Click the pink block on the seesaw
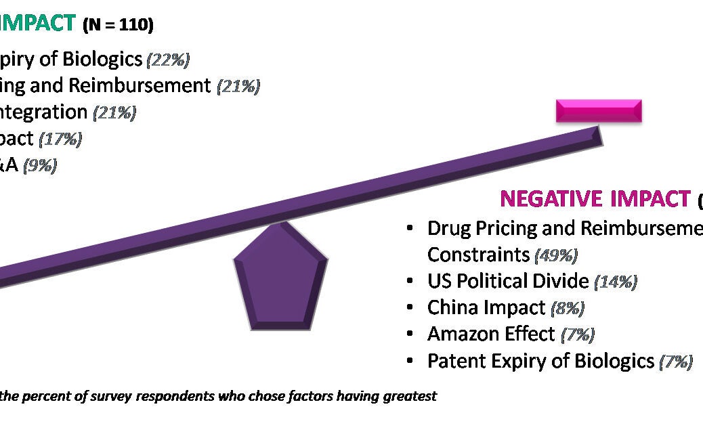(x=599, y=110)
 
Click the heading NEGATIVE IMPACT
(x=595, y=199)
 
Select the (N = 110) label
(x=118, y=26)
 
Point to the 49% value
(x=555, y=255)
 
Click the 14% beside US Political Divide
(x=615, y=282)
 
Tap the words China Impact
(x=486, y=308)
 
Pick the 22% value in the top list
(x=167, y=60)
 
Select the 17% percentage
(x=60, y=139)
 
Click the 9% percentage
(x=39, y=166)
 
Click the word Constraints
(x=478, y=255)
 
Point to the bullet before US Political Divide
(x=410, y=281)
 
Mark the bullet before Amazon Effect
(x=410, y=334)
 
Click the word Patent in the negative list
(x=452, y=361)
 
